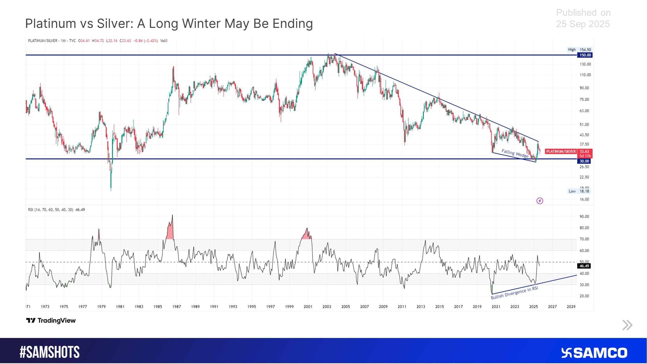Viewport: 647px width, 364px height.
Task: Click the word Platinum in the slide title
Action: click(x=51, y=24)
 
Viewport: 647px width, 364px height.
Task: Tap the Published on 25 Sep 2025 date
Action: click(x=583, y=18)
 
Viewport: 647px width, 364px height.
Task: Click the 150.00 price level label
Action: click(x=585, y=55)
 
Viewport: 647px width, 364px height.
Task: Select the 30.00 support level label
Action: click(x=584, y=161)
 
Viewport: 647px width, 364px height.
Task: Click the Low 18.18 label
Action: click(x=579, y=191)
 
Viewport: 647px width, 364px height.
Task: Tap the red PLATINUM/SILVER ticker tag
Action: click(x=561, y=151)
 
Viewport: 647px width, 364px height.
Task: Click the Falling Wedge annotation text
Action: click(x=515, y=153)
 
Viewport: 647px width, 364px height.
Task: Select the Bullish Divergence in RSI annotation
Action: click(x=514, y=293)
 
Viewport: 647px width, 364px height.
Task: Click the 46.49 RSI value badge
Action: click(x=584, y=266)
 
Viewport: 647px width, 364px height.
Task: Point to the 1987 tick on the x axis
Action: click(x=176, y=307)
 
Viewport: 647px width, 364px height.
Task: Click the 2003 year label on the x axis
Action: click(x=327, y=307)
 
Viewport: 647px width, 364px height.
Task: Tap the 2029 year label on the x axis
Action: click(x=571, y=307)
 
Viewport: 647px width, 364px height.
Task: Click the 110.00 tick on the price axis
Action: click(x=585, y=75)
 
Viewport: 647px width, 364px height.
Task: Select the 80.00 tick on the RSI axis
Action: click(x=584, y=228)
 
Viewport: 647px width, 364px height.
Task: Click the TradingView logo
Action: click(x=51, y=321)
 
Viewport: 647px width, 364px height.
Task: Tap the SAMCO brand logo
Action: click(x=594, y=353)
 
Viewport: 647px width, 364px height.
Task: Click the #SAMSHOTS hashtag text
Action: click(x=50, y=352)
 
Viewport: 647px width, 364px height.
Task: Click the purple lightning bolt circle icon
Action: click(x=540, y=201)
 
